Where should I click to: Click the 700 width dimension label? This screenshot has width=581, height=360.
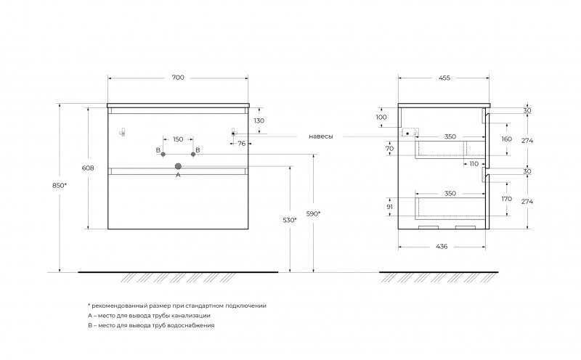coord(178,78)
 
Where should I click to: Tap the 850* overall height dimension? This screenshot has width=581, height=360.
coord(60,186)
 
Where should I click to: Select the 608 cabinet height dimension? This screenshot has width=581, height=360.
coord(88,168)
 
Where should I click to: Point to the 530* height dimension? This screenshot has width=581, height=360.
coord(289,220)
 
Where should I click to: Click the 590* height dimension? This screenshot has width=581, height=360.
coord(313,213)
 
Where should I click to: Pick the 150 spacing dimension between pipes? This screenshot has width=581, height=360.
coord(178,139)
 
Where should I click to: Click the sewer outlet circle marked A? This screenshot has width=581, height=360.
coord(178,166)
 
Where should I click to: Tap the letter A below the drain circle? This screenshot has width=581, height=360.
coord(178,175)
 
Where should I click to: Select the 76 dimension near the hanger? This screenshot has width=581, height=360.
coord(242,143)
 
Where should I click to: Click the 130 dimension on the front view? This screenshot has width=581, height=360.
coord(259,120)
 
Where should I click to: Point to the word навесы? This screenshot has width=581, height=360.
coord(321,136)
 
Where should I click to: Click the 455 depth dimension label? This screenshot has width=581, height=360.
coord(444,78)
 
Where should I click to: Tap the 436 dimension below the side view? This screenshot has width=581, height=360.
coord(442,246)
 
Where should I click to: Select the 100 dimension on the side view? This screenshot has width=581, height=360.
coord(381,117)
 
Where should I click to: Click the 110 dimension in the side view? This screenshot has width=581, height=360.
coord(474,164)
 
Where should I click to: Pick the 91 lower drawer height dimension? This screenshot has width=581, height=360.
coord(389,207)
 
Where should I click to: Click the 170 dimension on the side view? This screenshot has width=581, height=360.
coord(506,199)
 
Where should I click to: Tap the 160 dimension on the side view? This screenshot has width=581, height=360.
coord(506,139)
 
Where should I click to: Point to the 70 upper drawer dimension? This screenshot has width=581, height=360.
coord(389,149)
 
